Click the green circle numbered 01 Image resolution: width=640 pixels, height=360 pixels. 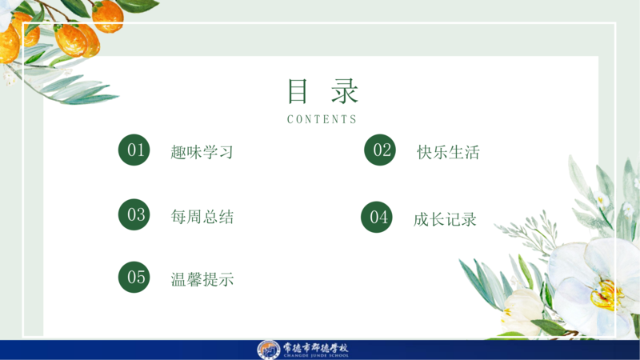(x=134, y=150)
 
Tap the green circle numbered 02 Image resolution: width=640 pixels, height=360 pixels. (x=380, y=150)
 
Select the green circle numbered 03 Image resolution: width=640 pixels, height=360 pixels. (x=134, y=214)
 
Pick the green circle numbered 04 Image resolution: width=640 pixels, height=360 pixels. (x=377, y=217)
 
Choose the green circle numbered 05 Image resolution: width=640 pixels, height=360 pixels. (x=134, y=277)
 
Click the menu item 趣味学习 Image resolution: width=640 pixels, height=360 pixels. (x=202, y=152)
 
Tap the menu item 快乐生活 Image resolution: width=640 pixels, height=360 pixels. (x=448, y=152)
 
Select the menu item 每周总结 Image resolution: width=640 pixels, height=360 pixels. (x=202, y=217)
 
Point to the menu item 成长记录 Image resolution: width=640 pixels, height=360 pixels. (x=445, y=219)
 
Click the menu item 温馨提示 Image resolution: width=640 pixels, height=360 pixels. (x=202, y=279)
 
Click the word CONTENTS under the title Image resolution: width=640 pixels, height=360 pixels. (x=322, y=119)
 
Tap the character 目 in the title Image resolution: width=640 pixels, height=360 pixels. (x=298, y=91)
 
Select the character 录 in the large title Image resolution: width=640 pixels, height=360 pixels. (x=345, y=91)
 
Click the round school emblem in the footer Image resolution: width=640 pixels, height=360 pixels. (x=269, y=350)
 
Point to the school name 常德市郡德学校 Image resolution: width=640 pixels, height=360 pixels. (x=315, y=348)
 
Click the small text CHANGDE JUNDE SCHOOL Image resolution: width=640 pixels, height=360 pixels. (x=316, y=356)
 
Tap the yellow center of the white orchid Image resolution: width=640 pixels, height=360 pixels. (x=607, y=294)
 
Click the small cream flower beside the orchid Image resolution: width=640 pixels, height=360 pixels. (x=522, y=309)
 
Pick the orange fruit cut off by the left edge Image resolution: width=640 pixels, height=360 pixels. (x=8, y=44)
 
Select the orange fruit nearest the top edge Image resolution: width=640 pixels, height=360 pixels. (x=108, y=16)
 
